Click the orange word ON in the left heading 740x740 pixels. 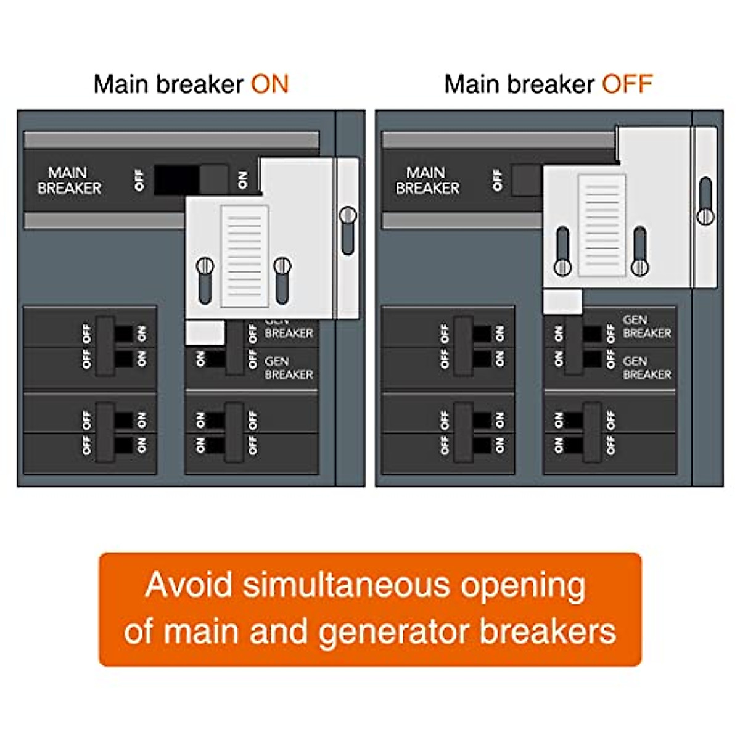tap(269, 84)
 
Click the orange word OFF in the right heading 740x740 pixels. tap(627, 84)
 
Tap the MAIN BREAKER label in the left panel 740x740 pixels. tap(68, 180)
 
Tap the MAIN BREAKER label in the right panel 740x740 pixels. tap(427, 180)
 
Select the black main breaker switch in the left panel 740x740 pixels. tap(176, 180)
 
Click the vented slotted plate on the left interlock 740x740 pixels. tap(244, 256)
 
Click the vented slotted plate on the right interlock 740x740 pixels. tap(601, 224)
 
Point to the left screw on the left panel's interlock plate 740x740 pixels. tap(205, 267)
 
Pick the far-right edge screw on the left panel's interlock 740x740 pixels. tap(348, 216)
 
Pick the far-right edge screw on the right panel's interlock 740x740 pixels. tap(705, 216)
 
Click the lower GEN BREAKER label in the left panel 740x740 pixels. tap(288, 368)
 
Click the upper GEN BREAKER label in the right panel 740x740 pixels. tap(646, 326)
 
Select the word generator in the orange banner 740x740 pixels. tap(395, 631)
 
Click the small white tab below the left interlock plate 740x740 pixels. tap(205, 333)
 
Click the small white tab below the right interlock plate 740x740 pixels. tap(562, 302)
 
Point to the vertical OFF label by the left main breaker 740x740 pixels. tap(139, 180)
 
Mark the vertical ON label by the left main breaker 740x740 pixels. tap(242, 180)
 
